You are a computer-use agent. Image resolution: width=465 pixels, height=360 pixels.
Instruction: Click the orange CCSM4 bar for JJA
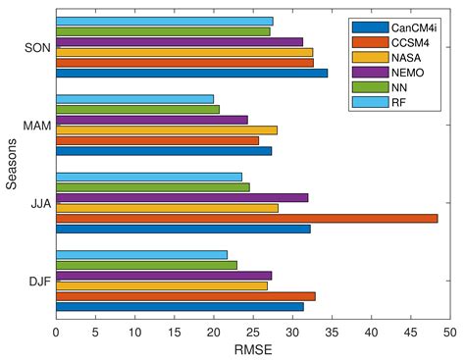(x=246, y=218)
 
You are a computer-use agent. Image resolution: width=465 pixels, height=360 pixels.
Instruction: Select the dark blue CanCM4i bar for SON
(x=191, y=73)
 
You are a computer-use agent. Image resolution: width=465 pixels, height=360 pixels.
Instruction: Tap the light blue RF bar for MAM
(x=134, y=98)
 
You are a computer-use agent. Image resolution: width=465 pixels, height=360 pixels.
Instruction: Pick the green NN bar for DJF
(x=146, y=265)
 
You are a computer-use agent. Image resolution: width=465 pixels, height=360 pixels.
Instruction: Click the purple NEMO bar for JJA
(x=181, y=197)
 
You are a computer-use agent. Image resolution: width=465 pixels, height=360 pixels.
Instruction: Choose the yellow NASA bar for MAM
(x=166, y=129)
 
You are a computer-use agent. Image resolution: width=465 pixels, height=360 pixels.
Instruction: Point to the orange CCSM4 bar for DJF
(x=185, y=295)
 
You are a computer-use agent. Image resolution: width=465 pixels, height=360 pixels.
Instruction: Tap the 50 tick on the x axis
(x=450, y=332)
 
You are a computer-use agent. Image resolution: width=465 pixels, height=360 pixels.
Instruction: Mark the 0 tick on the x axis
(x=56, y=332)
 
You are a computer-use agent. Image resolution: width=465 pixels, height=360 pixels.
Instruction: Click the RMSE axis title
(x=253, y=349)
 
